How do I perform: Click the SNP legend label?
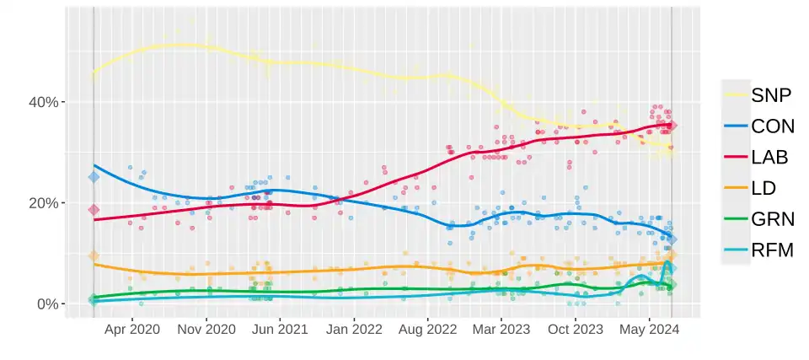[771, 95]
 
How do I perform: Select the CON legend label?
[773, 126]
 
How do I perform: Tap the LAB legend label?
[769, 157]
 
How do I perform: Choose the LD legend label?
[763, 188]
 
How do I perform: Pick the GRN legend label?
[773, 219]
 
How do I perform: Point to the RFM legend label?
[772, 250]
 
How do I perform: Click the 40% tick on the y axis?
[43, 102]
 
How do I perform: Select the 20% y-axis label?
[43, 203]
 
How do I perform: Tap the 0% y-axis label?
[47, 304]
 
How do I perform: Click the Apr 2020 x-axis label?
[132, 330]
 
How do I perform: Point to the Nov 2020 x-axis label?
[206, 330]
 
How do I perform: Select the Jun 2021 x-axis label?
[280, 330]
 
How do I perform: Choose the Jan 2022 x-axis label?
[355, 330]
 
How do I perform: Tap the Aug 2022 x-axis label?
[428, 330]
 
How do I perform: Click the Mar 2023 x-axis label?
[501, 330]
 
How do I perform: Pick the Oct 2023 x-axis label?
[575, 330]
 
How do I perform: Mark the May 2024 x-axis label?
[649, 330]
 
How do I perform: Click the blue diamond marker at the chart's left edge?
[94, 177]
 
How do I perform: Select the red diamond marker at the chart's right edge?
[672, 126]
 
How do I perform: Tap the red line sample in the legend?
[736, 157]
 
